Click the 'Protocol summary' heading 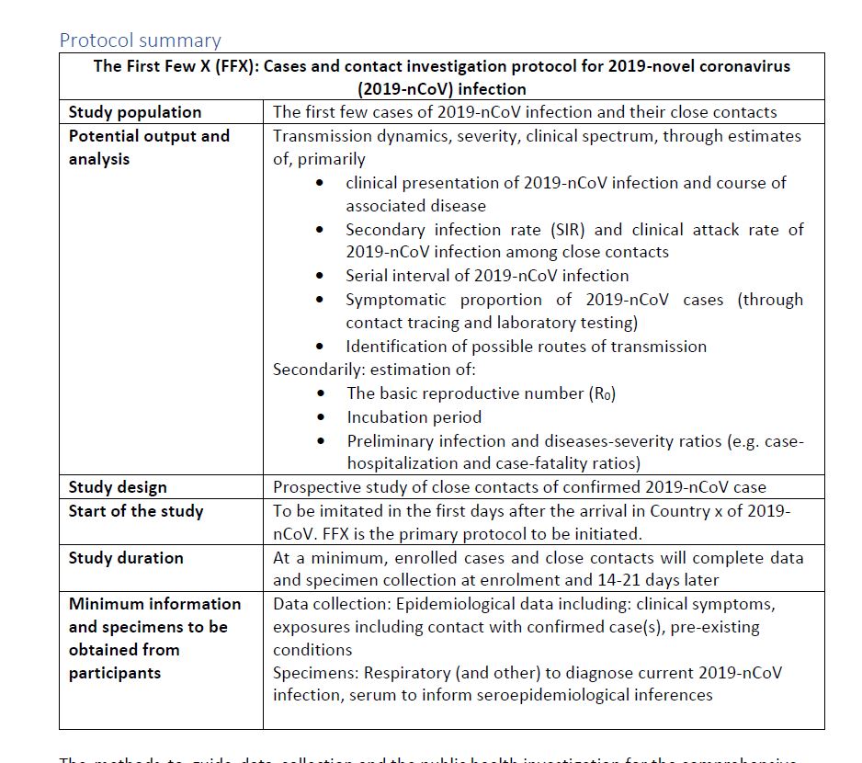coord(140,40)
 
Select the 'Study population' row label coord(134,112)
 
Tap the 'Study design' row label coord(118,487)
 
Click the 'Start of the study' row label coord(135,511)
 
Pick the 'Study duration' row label coord(125,558)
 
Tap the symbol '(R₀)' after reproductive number coord(601,393)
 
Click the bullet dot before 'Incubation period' coord(319,416)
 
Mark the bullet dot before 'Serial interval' coord(319,276)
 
